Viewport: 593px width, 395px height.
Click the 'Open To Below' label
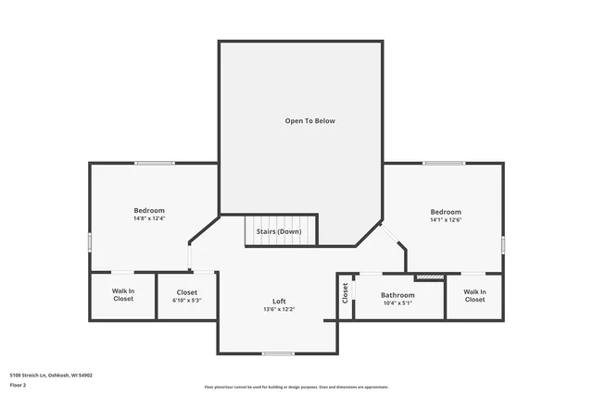(309, 121)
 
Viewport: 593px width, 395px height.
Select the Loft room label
(279, 301)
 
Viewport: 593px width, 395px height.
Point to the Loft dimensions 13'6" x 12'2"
(279, 309)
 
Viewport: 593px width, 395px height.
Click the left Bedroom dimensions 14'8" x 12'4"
(149, 219)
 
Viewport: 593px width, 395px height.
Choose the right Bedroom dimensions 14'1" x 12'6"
(446, 219)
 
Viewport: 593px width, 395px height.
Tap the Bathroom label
(397, 295)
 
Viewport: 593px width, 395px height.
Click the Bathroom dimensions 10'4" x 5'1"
(397, 303)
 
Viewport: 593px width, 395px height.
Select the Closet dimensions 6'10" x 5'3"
(187, 300)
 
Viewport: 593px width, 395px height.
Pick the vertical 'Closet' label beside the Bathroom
(346, 293)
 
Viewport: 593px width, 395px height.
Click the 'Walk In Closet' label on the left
(123, 295)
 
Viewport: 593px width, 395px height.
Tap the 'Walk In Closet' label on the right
(474, 295)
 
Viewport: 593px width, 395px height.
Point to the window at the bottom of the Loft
(277, 353)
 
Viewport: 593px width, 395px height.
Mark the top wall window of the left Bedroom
(154, 164)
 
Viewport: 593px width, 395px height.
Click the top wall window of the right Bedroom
(444, 164)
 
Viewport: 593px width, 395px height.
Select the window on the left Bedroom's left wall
(90, 241)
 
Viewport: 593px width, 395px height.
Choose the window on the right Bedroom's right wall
(503, 244)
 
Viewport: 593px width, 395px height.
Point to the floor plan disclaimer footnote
(296, 387)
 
